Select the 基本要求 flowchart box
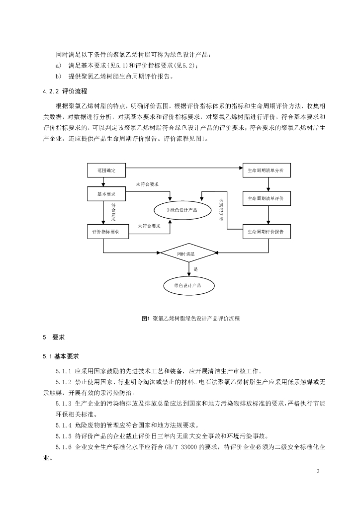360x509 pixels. coord(106,193)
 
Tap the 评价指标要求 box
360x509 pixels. coord(106,232)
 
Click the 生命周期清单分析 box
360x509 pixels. coord(266,170)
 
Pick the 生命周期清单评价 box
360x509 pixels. coord(266,198)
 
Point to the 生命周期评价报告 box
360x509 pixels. coord(266,232)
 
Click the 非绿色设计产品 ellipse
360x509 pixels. coord(181,210)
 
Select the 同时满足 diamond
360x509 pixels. coord(188,254)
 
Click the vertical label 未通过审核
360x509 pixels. coord(221,209)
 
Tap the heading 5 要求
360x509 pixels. coord(54,337)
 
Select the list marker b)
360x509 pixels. coord(59,76)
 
